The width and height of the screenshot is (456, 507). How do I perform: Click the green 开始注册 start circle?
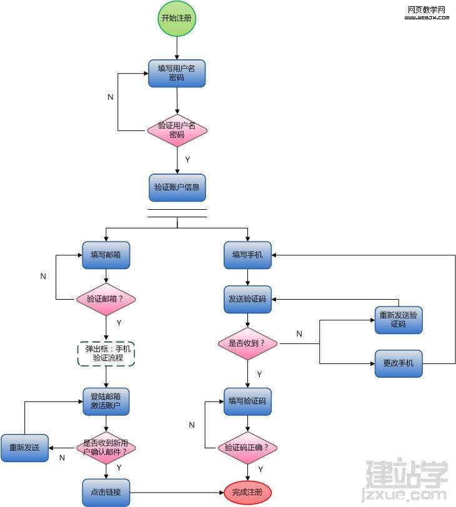pyautogui.click(x=177, y=18)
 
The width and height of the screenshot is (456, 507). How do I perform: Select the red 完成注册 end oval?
pyautogui.click(x=248, y=493)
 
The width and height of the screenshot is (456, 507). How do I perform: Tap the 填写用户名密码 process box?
pyautogui.click(x=177, y=74)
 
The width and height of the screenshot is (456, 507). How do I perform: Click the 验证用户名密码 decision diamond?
pyautogui.click(x=177, y=130)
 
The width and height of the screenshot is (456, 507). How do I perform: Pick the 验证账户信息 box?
pyautogui.click(x=177, y=187)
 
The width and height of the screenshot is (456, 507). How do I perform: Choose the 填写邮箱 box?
pyautogui.click(x=106, y=255)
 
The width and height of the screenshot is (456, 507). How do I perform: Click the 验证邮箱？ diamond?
pyautogui.click(x=106, y=299)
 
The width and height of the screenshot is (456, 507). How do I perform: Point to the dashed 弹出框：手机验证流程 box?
pyautogui.click(x=106, y=354)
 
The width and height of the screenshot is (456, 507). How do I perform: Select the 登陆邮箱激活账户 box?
pyautogui.click(x=106, y=401)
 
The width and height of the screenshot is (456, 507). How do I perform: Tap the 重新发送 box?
pyautogui.click(x=24, y=448)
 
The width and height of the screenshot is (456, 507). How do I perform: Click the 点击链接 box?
pyautogui.click(x=106, y=493)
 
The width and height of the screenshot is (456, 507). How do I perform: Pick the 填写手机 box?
pyautogui.click(x=248, y=255)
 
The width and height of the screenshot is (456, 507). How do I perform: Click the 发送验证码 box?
pyautogui.click(x=248, y=300)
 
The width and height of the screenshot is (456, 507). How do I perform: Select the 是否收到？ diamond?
pyautogui.click(x=248, y=343)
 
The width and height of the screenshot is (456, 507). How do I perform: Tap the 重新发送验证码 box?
pyautogui.click(x=399, y=320)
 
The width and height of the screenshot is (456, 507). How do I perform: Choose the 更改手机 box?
pyautogui.click(x=399, y=363)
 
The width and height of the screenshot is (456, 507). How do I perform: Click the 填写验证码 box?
pyautogui.click(x=248, y=401)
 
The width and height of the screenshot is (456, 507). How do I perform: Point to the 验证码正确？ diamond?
pyautogui.click(x=248, y=448)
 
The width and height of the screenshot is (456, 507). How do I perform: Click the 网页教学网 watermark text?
pyautogui.click(x=427, y=10)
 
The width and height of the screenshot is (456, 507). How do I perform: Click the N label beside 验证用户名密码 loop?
pyautogui.click(x=111, y=97)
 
